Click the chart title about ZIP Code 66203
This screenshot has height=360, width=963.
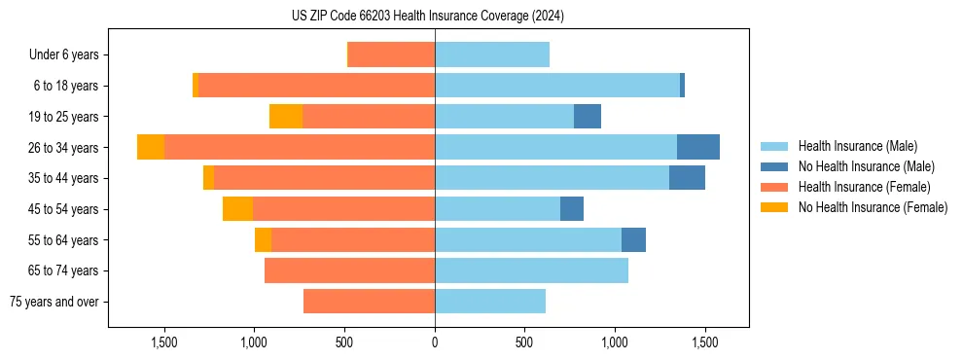(x=427, y=16)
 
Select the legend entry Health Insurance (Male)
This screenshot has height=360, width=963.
(x=857, y=146)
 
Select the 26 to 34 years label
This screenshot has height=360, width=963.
(x=66, y=148)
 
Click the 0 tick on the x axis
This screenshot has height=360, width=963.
(x=435, y=343)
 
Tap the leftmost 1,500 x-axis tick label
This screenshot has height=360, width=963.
(x=164, y=343)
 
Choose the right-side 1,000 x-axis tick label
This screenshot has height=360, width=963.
(x=615, y=343)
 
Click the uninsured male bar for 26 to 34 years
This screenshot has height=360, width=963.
(x=698, y=147)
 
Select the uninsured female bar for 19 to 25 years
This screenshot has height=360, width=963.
(x=286, y=116)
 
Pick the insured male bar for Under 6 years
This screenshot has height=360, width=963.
(x=492, y=54)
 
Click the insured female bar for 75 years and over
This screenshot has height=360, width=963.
(x=369, y=302)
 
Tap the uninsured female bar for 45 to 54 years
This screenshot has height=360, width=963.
(x=237, y=208)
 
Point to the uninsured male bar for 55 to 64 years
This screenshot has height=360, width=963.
(x=633, y=239)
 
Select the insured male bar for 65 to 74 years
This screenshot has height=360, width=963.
(x=531, y=270)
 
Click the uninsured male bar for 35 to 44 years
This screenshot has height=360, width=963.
(x=687, y=178)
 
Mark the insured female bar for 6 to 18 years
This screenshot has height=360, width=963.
(x=316, y=86)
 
